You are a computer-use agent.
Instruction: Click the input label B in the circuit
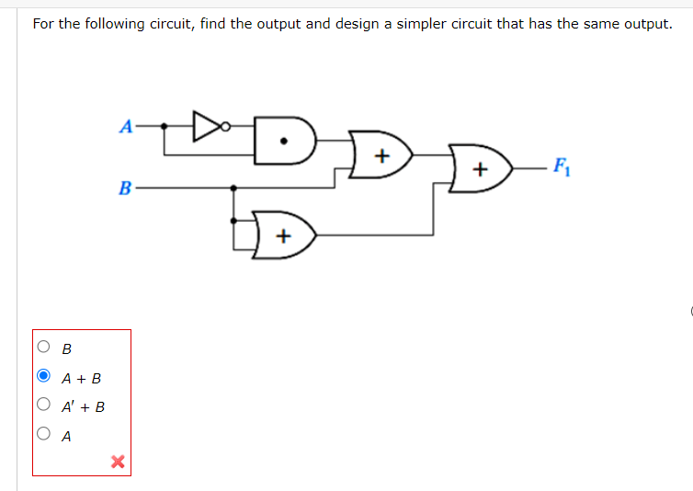(125, 188)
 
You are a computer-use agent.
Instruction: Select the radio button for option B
(44, 348)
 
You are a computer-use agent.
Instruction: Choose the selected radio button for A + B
(44, 376)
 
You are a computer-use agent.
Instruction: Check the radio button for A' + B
(44, 405)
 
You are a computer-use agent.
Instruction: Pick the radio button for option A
(44, 434)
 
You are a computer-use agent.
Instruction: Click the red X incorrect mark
(118, 461)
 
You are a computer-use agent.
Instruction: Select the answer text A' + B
(83, 406)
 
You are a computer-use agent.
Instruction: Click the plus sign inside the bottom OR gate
(283, 236)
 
